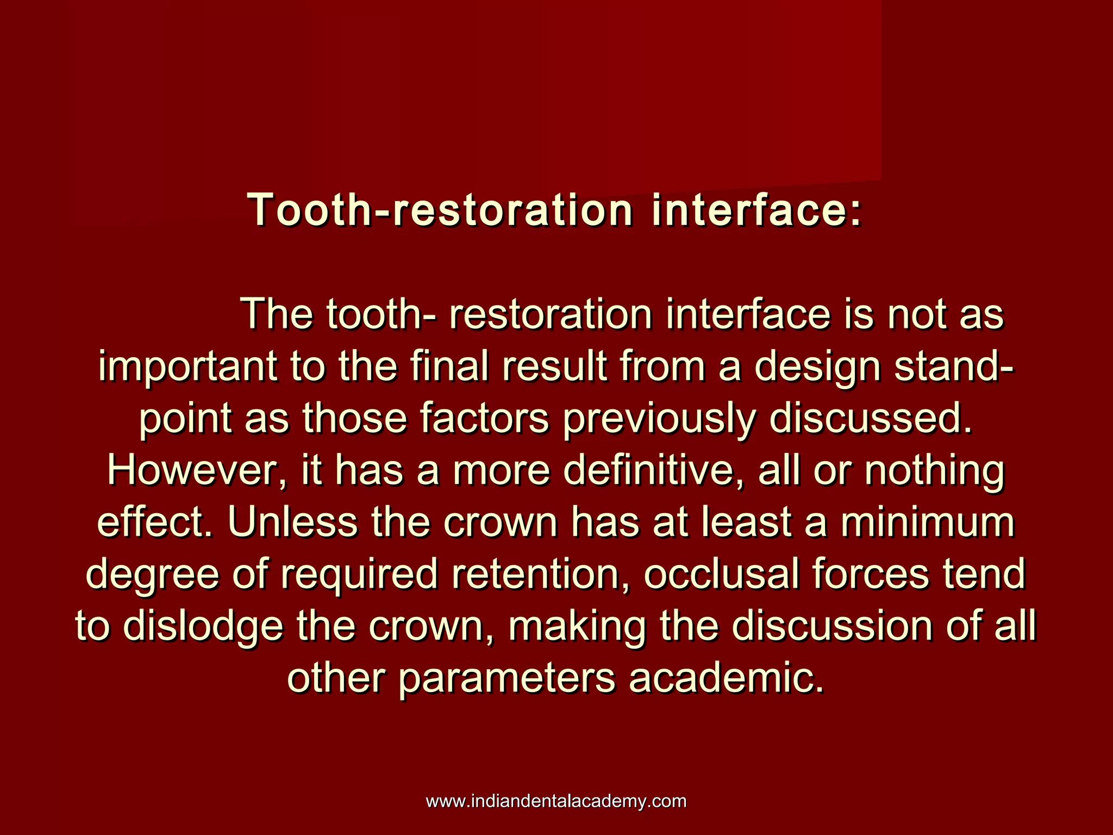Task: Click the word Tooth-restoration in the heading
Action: [440, 210]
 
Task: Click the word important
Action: [187, 367]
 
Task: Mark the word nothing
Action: [934, 471]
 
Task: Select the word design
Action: [817, 367]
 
